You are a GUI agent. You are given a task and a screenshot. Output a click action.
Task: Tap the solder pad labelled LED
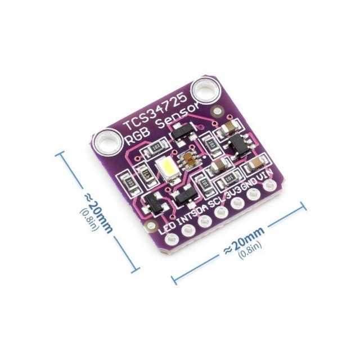[x=168, y=241]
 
